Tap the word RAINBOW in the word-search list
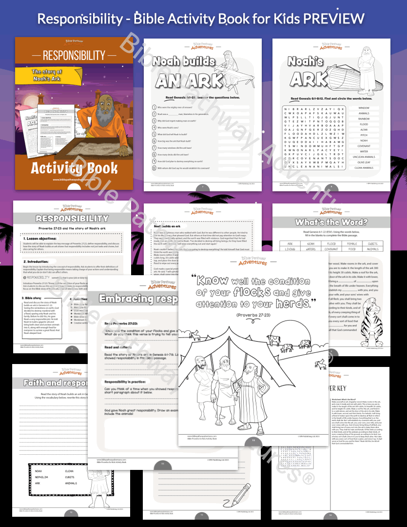point(364,119)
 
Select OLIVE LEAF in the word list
point(364,162)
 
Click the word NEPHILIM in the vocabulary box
point(43,477)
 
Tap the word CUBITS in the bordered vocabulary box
point(70,477)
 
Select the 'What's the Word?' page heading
point(331,222)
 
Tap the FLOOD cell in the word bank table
point(331,243)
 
